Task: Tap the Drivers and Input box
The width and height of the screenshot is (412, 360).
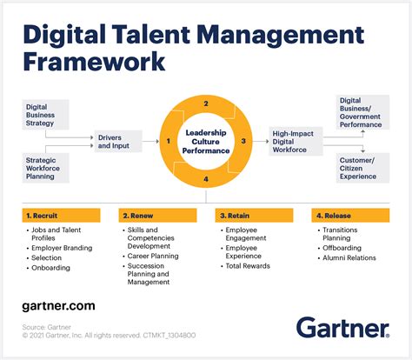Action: (117, 140)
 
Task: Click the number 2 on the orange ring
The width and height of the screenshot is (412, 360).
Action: (205, 103)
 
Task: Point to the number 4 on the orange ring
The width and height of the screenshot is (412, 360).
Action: (205, 179)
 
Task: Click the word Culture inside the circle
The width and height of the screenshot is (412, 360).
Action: (205, 141)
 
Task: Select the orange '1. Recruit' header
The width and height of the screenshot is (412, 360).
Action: (62, 213)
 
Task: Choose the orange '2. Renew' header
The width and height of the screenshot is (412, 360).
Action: (157, 213)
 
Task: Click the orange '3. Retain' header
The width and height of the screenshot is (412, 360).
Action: (253, 213)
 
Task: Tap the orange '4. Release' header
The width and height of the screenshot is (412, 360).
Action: (349, 213)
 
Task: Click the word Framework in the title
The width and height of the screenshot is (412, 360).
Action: (94, 62)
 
